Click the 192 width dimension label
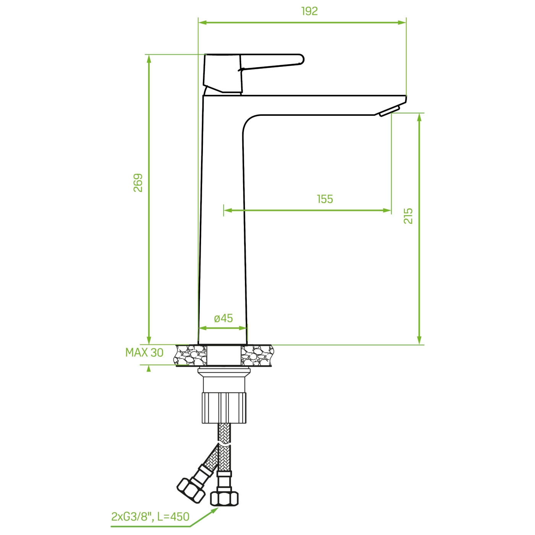309,11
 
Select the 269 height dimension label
138,183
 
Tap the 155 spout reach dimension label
325,199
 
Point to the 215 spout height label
409,216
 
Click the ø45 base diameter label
224,318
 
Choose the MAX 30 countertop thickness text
144,353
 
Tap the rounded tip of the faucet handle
302,59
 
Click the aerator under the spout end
389,110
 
